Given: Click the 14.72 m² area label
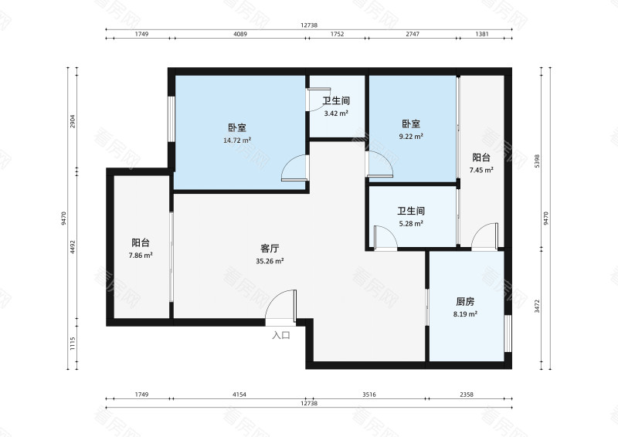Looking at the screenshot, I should (x=236, y=141).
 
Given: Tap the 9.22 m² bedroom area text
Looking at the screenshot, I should (x=411, y=137).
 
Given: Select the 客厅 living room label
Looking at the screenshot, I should (x=270, y=249).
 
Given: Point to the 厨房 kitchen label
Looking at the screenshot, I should (x=465, y=302).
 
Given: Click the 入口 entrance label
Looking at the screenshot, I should (x=281, y=335).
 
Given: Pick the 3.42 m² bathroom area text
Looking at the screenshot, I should (x=336, y=113).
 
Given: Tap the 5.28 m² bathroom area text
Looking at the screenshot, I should (x=411, y=224).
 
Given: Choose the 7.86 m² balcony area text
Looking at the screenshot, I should (x=141, y=255).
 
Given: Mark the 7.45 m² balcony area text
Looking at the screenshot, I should (x=482, y=170).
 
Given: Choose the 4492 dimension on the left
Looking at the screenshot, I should (x=73, y=246).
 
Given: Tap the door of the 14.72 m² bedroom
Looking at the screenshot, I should (x=294, y=168).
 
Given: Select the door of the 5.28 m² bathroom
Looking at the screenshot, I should (x=384, y=237).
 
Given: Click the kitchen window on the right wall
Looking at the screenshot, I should (x=508, y=332).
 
